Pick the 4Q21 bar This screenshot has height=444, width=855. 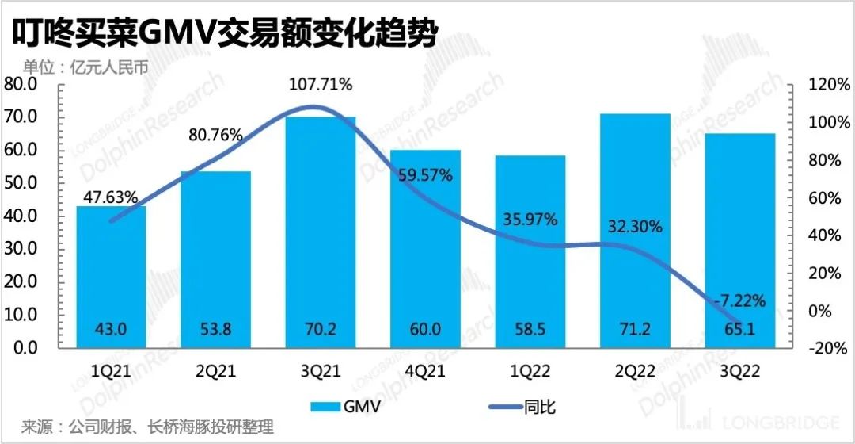tap(425, 254)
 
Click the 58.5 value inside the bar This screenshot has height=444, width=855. tap(530, 330)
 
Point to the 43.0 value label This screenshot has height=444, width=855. tap(112, 330)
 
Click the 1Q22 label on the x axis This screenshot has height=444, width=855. tap(530, 369)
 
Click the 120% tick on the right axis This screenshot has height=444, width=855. tap(826, 85)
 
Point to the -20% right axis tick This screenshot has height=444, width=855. tap(828, 348)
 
